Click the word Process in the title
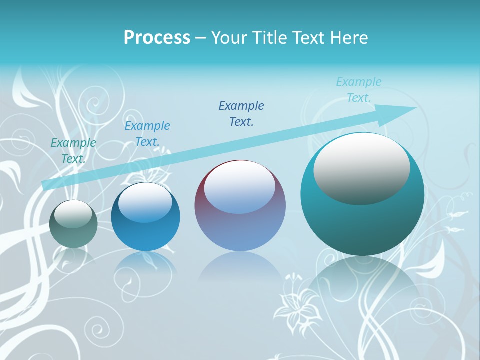(x=157, y=38)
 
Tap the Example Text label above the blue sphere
(x=147, y=134)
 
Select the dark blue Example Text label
(x=241, y=114)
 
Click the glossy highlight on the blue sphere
(x=145, y=202)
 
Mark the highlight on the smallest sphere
(x=73, y=214)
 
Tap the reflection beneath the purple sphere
(x=240, y=270)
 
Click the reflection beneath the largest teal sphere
(x=362, y=285)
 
